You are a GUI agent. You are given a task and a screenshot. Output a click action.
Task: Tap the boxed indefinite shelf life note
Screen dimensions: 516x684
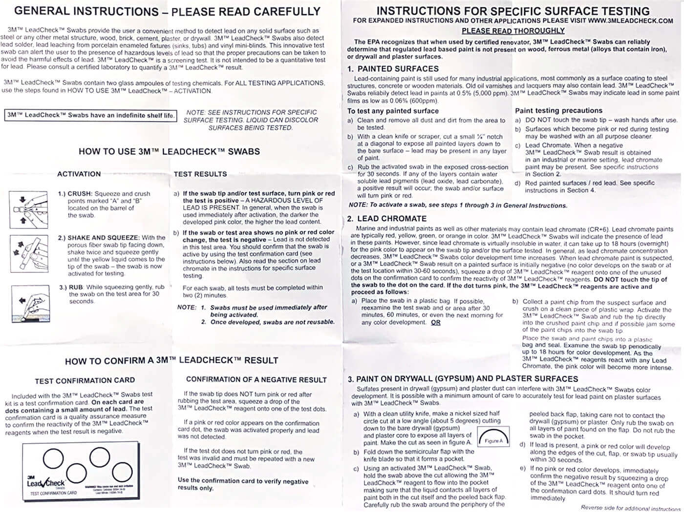coord(90,116)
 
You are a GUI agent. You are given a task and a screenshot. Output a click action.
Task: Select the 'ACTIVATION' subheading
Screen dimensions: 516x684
coord(79,174)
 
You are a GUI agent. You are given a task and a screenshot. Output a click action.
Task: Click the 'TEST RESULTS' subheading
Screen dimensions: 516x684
coord(200,174)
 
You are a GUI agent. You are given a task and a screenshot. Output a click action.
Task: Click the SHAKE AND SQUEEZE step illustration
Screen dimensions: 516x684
coord(29,253)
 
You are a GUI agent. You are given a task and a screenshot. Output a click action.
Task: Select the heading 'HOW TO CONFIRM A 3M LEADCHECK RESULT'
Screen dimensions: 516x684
coord(171,361)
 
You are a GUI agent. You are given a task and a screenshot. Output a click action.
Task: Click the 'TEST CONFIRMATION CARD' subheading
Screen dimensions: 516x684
coord(85,380)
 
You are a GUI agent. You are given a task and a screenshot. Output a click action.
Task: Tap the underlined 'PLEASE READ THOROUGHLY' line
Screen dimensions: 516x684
coord(513,31)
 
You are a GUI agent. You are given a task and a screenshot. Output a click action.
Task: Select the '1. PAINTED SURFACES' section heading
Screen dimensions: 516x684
coord(393,69)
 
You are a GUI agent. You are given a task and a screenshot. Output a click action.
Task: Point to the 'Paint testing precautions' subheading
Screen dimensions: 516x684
coord(558,111)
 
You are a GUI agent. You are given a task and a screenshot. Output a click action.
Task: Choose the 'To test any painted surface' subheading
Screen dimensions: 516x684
coord(393,111)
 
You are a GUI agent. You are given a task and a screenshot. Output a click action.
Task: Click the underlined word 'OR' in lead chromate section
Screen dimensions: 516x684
coord(436,323)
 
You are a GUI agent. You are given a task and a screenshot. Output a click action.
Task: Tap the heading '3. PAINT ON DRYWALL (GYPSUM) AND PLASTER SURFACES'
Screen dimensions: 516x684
coord(463,379)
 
